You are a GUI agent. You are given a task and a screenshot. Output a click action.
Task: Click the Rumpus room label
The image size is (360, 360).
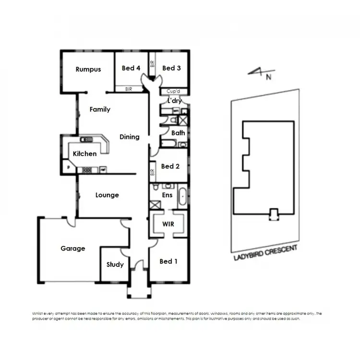(88, 69)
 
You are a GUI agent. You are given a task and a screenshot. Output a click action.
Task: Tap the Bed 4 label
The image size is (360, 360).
(131, 68)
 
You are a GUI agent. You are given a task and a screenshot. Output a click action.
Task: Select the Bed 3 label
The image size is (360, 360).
(171, 68)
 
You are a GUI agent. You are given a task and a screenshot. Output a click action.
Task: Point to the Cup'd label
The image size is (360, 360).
(173, 91)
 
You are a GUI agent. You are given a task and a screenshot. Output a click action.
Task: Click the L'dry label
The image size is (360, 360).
(173, 101)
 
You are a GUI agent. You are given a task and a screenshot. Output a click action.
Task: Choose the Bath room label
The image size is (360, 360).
(178, 132)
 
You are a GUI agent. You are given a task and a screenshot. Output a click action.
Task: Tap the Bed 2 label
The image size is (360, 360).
(170, 166)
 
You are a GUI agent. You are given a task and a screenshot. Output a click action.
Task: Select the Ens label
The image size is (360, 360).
(168, 195)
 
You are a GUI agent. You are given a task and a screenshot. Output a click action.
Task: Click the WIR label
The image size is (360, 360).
(168, 224)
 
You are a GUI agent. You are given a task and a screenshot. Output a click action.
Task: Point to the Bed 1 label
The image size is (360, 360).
(168, 261)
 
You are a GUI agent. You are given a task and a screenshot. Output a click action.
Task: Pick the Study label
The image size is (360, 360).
(115, 264)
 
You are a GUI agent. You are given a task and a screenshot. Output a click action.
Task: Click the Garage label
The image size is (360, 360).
(73, 248)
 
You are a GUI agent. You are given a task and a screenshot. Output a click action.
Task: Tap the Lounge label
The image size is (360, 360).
(107, 195)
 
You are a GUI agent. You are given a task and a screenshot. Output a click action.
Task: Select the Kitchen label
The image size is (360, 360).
(84, 154)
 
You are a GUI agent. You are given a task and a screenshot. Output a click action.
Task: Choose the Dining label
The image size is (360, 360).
(130, 137)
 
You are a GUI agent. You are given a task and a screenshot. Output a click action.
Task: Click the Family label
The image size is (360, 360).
(100, 109)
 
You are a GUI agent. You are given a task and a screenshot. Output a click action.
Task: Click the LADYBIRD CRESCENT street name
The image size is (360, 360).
(265, 252)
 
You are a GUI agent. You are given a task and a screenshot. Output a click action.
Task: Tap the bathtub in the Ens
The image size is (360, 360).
(182, 198)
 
